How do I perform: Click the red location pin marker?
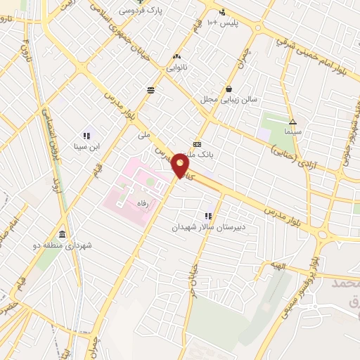point(181,166)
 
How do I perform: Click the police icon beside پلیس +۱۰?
point(223,11)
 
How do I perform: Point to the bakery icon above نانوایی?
point(176,56)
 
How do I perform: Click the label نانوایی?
point(176,67)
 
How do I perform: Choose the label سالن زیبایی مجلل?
point(229,99)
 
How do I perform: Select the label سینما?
point(292,131)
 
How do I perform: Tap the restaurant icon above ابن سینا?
point(87,136)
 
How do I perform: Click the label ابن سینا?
point(87,147)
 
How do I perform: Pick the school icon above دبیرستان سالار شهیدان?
point(208,216)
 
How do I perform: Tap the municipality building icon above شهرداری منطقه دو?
point(63,234)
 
